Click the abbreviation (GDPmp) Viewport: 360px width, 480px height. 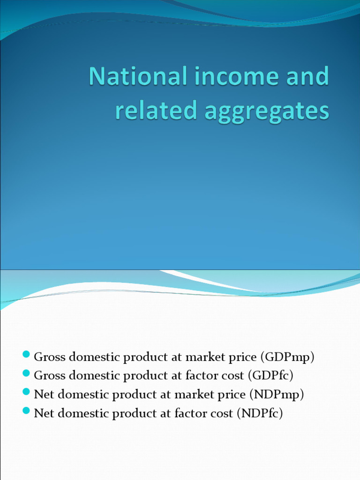tap(287, 357)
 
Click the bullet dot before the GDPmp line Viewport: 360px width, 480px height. tap(26, 354)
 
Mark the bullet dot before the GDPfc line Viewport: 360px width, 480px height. tap(26, 373)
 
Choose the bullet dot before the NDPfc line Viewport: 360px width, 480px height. tap(26, 411)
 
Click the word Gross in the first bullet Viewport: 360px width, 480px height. tap(50, 357)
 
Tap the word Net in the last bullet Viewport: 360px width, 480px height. tap(44, 413)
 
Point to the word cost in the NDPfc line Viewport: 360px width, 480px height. tap(221, 413)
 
